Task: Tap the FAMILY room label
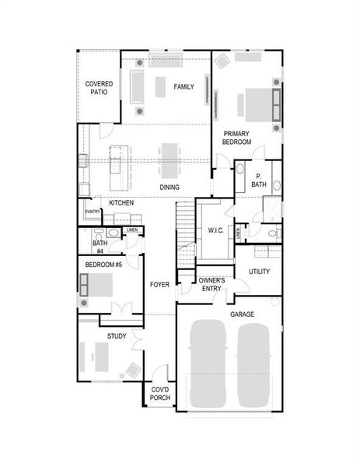[183, 86]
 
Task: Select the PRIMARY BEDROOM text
[236, 139]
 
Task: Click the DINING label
[170, 188]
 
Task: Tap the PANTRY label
[93, 212]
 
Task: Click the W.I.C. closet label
[215, 230]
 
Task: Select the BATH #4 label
[100, 247]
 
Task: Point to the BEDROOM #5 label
[103, 265]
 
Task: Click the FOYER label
[159, 285]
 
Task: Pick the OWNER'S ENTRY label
[211, 284]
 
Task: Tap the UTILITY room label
[259, 272]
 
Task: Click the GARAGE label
[242, 314]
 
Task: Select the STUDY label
[117, 335]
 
